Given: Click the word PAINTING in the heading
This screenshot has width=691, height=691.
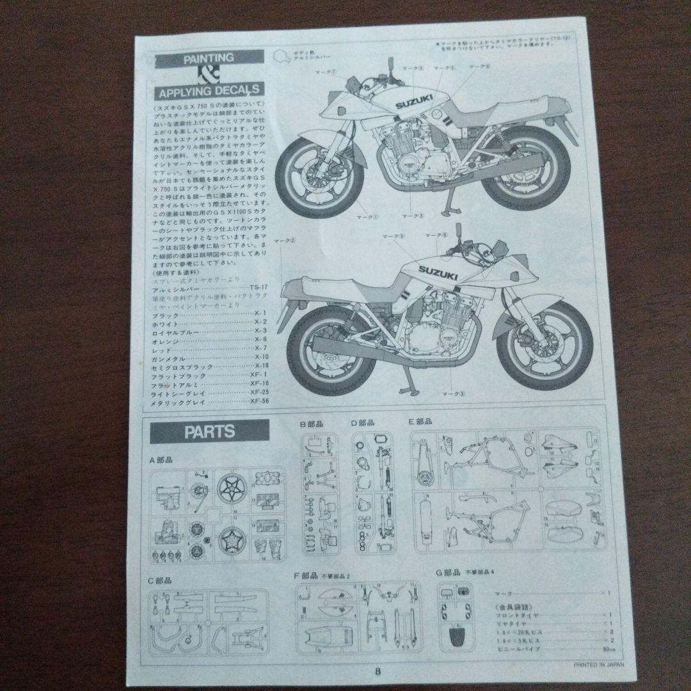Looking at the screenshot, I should coord(208,58).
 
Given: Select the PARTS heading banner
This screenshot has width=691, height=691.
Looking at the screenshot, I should coord(209,431).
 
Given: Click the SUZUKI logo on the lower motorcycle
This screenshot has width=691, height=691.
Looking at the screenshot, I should coord(438,273).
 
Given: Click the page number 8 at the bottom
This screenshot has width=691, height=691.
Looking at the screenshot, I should coord(377,671).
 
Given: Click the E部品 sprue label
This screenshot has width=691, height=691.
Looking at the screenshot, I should coord(420,422).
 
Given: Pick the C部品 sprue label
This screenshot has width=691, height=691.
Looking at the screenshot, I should coord(160,580).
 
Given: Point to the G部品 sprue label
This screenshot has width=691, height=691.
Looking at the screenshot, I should coord(448,574).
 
